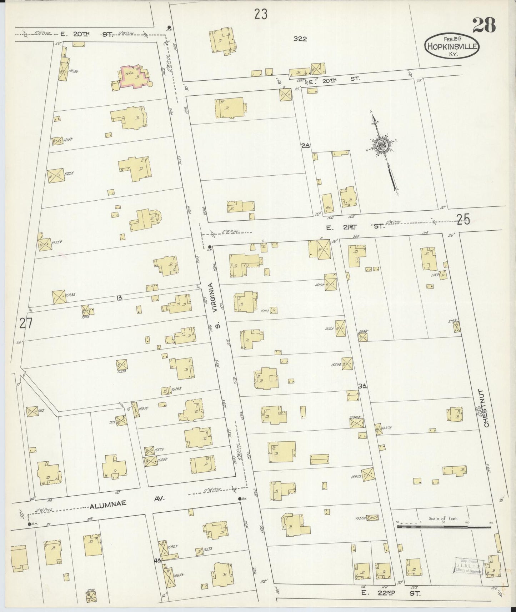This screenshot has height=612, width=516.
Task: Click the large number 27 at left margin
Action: click(26, 323)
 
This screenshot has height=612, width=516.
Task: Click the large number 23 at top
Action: click(261, 14)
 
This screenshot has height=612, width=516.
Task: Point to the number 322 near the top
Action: click(300, 39)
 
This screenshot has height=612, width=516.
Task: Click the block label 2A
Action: click(305, 145)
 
